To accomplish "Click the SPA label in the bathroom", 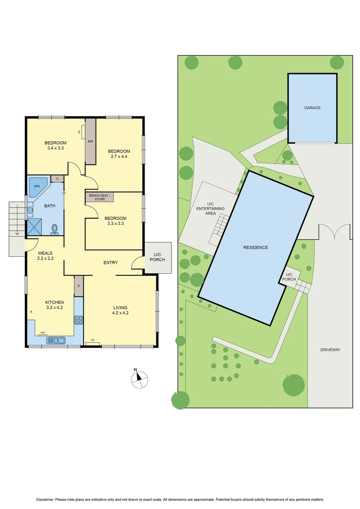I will (x=36, y=186).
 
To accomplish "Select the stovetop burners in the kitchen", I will (x=79, y=320).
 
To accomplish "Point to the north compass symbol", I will (x=140, y=378).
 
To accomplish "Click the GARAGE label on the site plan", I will (x=312, y=108).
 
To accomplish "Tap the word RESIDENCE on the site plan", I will (x=255, y=247).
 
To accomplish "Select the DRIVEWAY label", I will (x=330, y=350).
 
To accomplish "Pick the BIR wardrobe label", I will (x=90, y=141).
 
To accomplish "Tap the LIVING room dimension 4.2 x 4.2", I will (x=120, y=312).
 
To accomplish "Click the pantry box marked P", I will (x=79, y=286).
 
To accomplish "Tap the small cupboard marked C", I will (x=57, y=179).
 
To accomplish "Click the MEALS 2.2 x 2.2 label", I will (x=46, y=256).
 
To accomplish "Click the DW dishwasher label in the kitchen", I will (x=43, y=331).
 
